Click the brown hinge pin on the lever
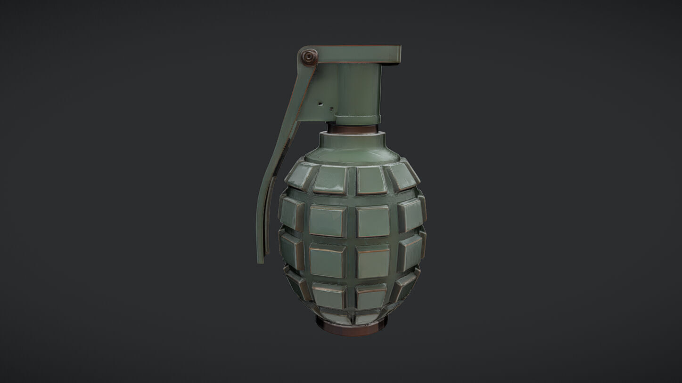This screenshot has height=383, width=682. point(309,58)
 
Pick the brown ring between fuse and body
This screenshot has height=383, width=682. point(353,128)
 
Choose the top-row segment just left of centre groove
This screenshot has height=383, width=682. point(330,180)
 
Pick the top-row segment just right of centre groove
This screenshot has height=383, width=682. point(372,180)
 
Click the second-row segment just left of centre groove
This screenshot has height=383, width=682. point(327,220)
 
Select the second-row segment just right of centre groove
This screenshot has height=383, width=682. point(373,221)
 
